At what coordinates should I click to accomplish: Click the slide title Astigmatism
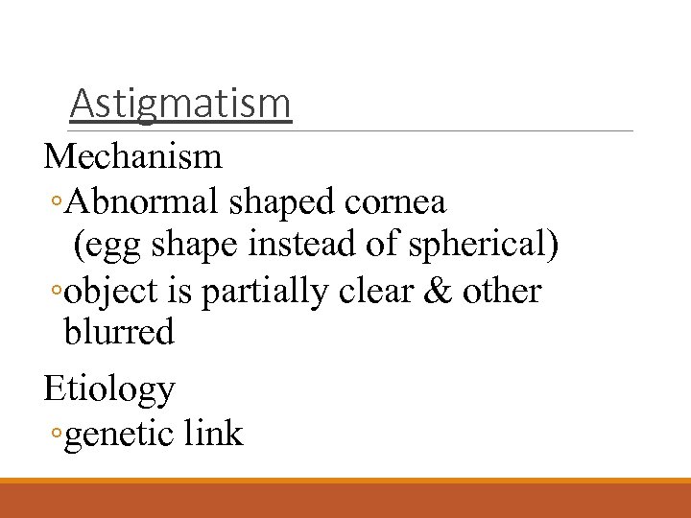(x=180, y=104)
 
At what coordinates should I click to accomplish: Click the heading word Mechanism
(x=132, y=155)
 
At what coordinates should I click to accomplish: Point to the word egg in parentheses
(x=109, y=247)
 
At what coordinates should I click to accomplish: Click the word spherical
(x=483, y=245)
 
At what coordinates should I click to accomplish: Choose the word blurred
(x=119, y=333)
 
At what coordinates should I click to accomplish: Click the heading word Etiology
(x=109, y=389)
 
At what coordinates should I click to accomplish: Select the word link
(x=213, y=434)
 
